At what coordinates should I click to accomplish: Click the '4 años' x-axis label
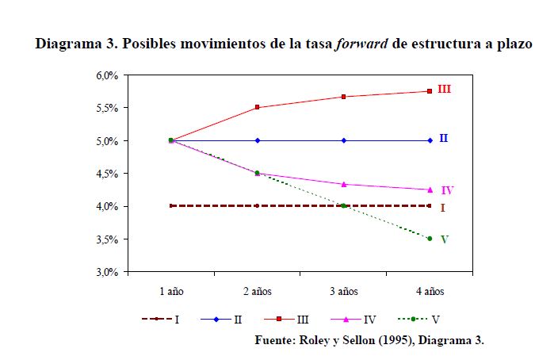[x=430, y=292]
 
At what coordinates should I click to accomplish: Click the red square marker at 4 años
[x=430, y=91]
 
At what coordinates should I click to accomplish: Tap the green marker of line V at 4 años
[x=430, y=239]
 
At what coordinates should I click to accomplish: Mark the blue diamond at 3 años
[x=343, y=140]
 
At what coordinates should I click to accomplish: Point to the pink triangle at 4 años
[x=430, y=190]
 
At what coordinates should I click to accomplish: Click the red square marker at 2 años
[x=257, y=107]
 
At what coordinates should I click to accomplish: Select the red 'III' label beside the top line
[x=444, y=90]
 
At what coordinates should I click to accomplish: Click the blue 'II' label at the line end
[x=444, y=139]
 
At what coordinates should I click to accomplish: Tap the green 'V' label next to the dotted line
[x=444, y=239]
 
